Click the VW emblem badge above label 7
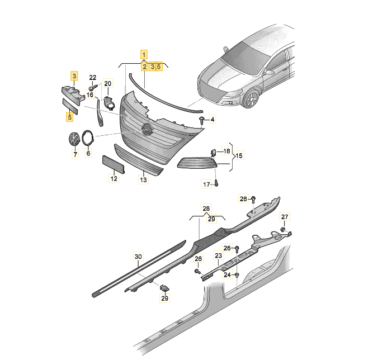click(74, 139)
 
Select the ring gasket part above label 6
click(88, 138)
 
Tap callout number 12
click(114, 178)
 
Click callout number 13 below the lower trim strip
click(143, 179)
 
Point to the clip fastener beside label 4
click(202, 120)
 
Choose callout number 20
click(107, 83)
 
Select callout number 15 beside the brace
click(239, 156)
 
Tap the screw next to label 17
click(216, 183)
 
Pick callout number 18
click(226, 151)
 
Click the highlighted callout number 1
click(144, 55)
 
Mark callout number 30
click(138, 257)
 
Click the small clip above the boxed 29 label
click(164, 288)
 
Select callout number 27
click(285, 217)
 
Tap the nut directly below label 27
click(283, 230)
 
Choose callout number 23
click(218, 255)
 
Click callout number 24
click(227, 274)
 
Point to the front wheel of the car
click(251, 100)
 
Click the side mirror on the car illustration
click(269, 72)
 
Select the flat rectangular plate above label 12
click(114, 164)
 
